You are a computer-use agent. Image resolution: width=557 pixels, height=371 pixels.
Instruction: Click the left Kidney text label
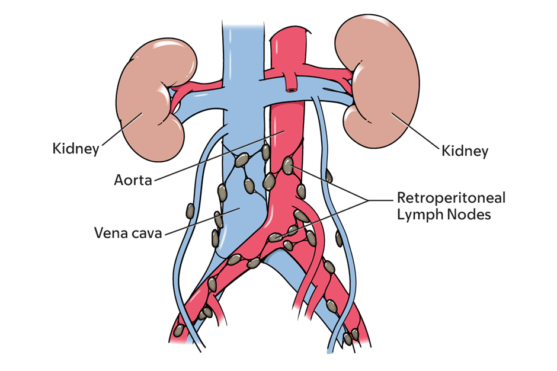pyautogui.click(x=75, y=148)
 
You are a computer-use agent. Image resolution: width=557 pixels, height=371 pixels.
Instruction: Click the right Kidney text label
pyautogui.click(x=465, y=151)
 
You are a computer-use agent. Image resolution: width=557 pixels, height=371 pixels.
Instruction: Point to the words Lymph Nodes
pyautogui.click(x=444, y=215)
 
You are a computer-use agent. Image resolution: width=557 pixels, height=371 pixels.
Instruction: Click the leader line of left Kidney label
pyautogui.click(x=121, y=127)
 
